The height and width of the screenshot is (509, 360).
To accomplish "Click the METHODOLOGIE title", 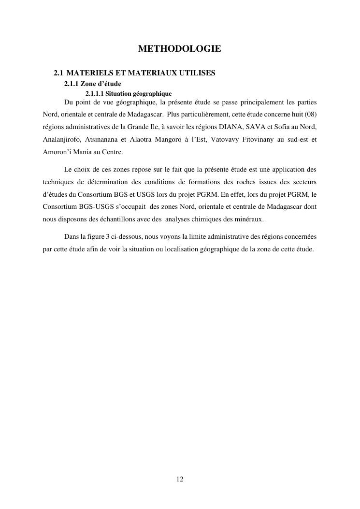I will [180, 49].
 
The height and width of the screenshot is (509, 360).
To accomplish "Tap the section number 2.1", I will [58, 73].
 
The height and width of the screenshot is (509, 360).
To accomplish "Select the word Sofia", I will [288, 127].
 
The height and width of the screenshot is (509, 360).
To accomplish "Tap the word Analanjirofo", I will [61, 140].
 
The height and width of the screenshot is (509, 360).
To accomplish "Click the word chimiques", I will [211, 219].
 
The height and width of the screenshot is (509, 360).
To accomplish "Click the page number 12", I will [180, 479].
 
